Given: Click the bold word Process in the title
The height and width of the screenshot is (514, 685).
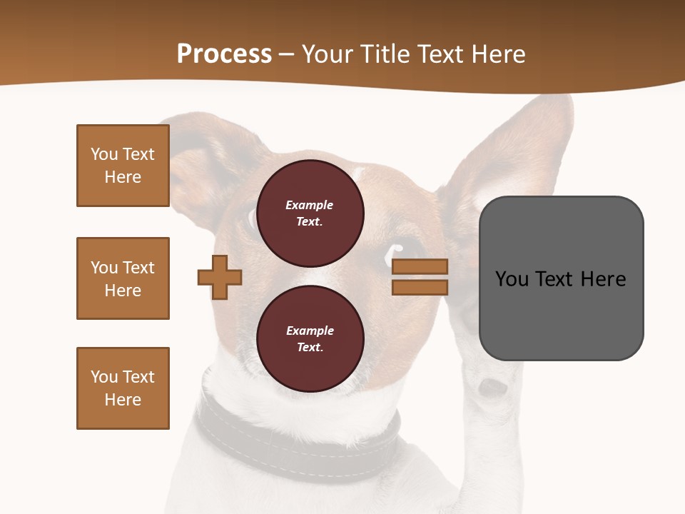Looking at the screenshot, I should (224, 54).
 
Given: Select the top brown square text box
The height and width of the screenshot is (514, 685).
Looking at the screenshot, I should (123, 166).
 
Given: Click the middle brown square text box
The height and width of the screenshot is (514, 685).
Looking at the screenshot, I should (123, 278).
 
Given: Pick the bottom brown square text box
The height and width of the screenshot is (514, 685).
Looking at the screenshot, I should (123, 388).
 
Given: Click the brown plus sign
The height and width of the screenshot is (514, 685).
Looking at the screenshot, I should (220, 277).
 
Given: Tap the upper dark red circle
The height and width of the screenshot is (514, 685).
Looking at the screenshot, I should (310, 213).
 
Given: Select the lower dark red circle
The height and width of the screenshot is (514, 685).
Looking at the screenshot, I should (310, 338).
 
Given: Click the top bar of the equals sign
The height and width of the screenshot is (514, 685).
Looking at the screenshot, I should (420, 266).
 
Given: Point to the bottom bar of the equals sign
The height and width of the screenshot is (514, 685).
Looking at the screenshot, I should (420, 287).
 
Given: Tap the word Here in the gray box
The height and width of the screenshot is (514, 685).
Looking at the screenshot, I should (603, 278).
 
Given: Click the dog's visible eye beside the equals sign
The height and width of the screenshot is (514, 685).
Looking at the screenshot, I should (394, 251).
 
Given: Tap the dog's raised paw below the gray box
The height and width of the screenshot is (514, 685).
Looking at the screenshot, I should (492, 389).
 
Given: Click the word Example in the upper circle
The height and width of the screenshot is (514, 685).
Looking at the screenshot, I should (310, 205).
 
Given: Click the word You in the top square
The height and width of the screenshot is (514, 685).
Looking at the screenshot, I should (104, 154).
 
